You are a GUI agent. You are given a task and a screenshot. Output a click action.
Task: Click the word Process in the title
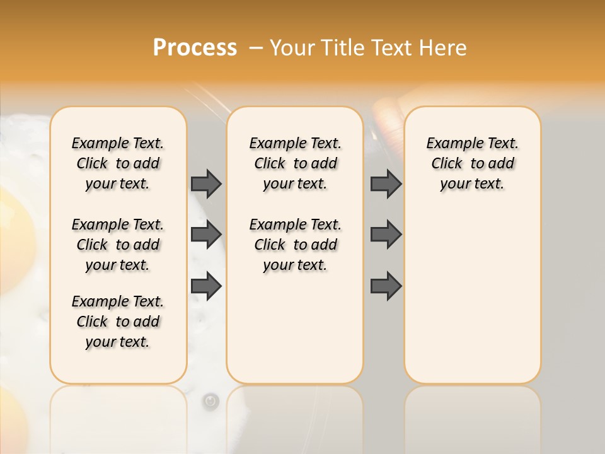(x=195, y=48)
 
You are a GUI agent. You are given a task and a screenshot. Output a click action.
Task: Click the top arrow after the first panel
(x=206, y=183)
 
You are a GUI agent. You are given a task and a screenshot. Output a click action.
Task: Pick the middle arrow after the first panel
(x=206, y=235)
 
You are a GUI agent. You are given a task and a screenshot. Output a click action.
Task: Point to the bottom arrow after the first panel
(x=206, y=286)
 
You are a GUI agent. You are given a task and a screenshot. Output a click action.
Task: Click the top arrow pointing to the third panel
(x=386, y=183)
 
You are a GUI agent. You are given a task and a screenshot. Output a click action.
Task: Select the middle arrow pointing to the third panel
(x=386, y=235)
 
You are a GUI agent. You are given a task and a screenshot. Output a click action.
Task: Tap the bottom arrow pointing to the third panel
(x=386, y=286)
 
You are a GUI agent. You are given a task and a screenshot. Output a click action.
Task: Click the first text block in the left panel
(x=118, y=163)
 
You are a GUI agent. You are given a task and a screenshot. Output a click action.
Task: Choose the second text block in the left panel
(x=118, y=245)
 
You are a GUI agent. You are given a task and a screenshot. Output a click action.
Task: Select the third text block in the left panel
(x=118, y=322)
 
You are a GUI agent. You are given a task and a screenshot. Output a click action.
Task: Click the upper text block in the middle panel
(x=296, y=163)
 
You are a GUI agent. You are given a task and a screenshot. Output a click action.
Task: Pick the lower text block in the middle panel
(x=296, y=245)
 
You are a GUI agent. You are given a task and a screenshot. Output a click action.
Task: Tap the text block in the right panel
(x=473, y=163)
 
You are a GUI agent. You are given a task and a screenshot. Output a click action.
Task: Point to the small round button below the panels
(x=211, y=400)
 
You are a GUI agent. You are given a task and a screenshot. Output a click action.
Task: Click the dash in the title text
(x=255, y=48)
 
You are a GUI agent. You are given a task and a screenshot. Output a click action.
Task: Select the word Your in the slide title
(x=292, y=48)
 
